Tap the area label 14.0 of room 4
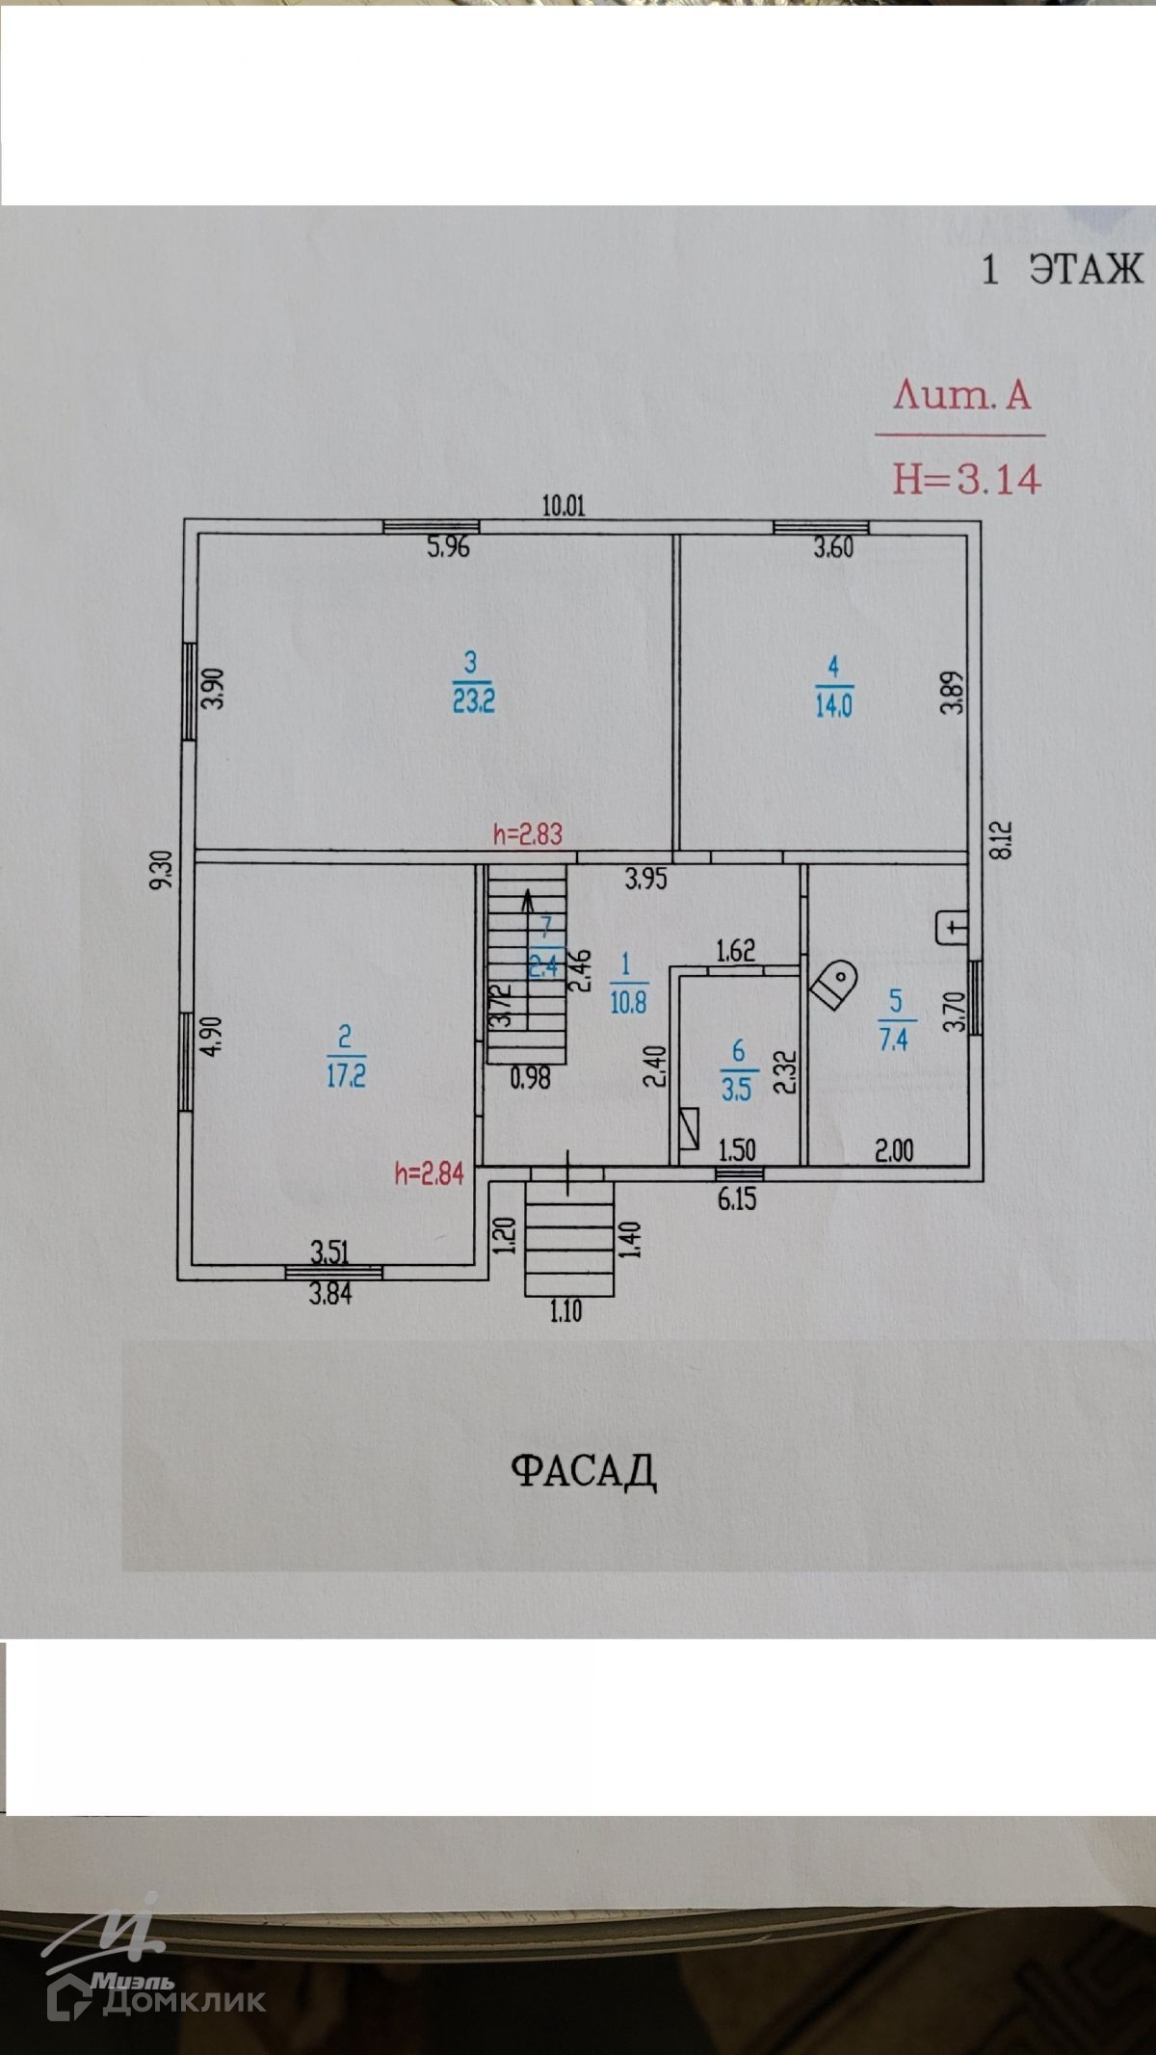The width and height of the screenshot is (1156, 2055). click(833, 706)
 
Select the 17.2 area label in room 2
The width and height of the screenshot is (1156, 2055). click(346, 1076)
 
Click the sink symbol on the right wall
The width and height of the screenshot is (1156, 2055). click(952, 927)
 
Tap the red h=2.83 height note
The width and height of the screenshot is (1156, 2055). click(527, 834)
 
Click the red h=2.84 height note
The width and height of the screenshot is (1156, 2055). click(430, 1173)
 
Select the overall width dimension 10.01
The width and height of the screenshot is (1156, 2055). click(564, 506)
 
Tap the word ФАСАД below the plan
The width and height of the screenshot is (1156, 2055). click(584, 1471)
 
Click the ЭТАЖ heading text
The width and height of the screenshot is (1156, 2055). click(1086, 270)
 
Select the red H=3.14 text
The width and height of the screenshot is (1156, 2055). click(965, 478)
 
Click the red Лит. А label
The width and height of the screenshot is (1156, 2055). click(961, 396)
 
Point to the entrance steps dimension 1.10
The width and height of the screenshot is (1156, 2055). click(566, 1311)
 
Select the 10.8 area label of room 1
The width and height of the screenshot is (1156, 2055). click(628, 1002)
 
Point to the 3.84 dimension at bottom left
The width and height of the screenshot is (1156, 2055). click(329, 1294)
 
